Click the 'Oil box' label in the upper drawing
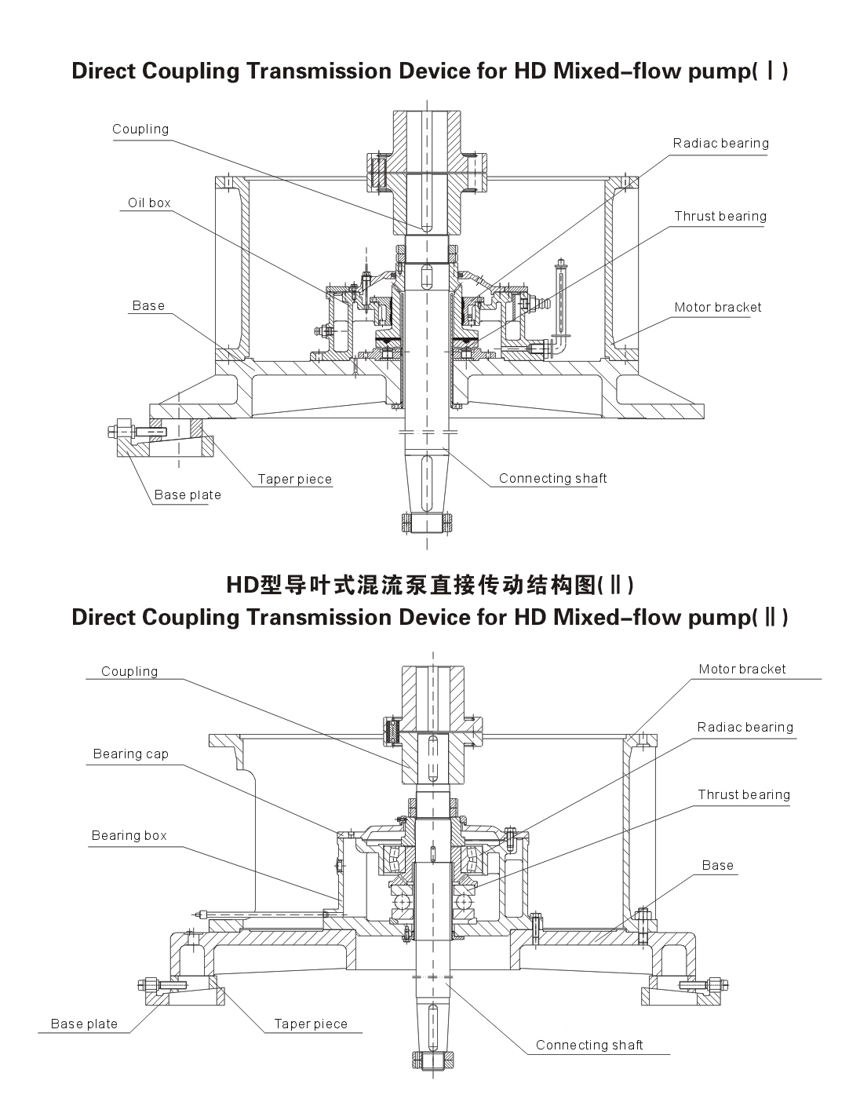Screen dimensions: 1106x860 click(x=149, y=203)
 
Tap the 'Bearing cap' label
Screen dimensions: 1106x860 click(x=131, y=754)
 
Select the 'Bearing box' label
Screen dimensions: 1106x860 click(x=129, y=835)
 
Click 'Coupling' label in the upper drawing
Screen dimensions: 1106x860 click(x=140, y=129)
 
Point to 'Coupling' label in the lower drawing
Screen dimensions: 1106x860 click(x=129, y=671)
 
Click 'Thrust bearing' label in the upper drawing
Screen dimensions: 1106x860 click(x=720, y=216)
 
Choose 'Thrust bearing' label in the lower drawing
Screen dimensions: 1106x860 click(x=744, y=794)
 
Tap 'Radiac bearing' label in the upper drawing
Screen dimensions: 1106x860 click(x=720, y=143)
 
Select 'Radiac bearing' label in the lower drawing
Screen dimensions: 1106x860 click(x=745, y=727)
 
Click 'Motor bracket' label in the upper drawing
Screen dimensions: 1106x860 click(x=718, y=307)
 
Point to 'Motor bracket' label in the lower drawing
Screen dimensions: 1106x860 click(x=742, y=669)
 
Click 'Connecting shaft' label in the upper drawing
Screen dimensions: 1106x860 click(x=553, y=478)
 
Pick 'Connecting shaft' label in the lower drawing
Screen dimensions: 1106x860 click(x=589, y=1045)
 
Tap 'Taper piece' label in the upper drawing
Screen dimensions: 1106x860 click(x=295, y=479)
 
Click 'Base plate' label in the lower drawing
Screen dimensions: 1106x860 click(x=84, y=1024)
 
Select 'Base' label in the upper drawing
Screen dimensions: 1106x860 click(x=148, y=305)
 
